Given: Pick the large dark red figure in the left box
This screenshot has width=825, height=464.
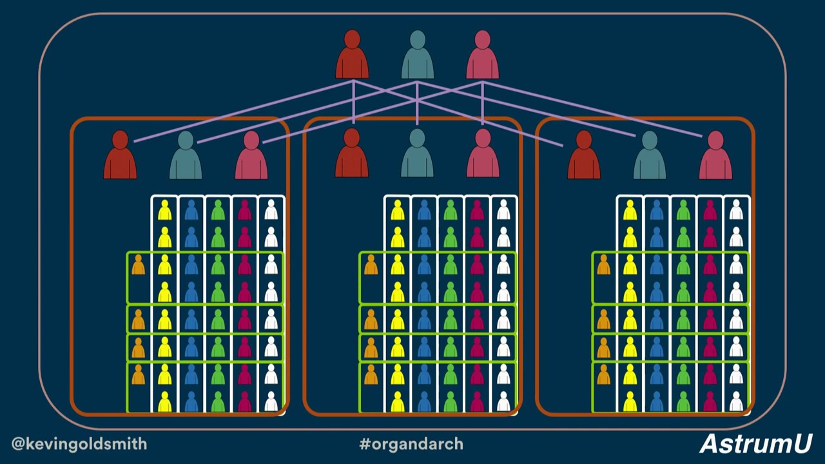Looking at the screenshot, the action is pos(120,155).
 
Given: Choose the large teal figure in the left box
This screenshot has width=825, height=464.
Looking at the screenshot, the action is pos(186,155).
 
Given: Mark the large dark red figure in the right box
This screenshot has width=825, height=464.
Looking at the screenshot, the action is pos(584,155).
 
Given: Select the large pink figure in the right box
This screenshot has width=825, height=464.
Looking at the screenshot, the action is pos(715,155).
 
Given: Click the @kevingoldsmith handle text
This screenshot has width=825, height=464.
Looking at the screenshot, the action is pos(79,443).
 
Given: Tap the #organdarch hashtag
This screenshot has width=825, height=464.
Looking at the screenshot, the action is pos(411,443).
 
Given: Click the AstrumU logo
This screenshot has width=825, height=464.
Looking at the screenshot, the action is pos(755,443).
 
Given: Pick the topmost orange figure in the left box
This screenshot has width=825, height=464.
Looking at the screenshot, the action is pos(139,265).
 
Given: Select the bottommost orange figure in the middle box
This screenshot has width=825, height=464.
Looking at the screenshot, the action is pos(371,374).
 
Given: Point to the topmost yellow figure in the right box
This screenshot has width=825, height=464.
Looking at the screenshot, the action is pos(630,210).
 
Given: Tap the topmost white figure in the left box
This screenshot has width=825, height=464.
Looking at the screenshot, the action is pos(271,210).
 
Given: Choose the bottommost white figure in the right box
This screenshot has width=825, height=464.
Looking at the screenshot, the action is pos(736,401).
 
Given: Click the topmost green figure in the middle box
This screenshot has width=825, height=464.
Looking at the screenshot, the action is pos(451,210).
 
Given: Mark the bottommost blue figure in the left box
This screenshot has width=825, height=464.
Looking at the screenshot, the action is pos(191,401).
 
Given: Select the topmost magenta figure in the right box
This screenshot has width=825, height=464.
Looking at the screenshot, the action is pos(710,210).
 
